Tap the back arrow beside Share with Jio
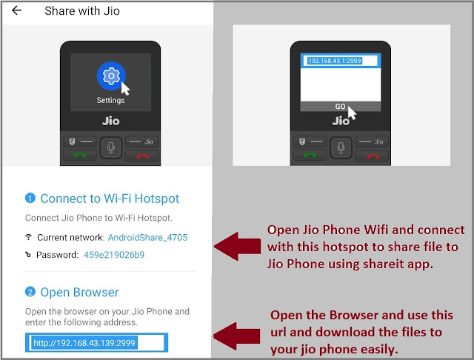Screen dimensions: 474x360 click(x=16, y=10)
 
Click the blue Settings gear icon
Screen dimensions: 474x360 click(x=111, y=76)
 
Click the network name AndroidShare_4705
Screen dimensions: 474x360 click(x=147, y=238)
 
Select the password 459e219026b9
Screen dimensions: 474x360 click(x=114, y=255)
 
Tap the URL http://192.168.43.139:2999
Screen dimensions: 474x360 click(x=84, y=343)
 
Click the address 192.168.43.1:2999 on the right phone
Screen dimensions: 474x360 click(x=334, y=61)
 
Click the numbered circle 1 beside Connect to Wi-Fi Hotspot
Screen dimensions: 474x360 click(x=30, y=199)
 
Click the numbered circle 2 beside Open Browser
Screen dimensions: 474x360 click(x=30, y=292)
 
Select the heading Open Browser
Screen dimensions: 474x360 click(x=79, y=293)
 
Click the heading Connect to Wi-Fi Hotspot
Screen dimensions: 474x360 click(x=110, y=199)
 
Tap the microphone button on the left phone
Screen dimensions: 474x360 click(x=111, y=147)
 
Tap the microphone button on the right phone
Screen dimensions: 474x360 click(x=341, y=147)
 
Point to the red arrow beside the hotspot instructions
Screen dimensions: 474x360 click(x=237, y=247)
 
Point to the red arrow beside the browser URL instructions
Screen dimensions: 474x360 click(x=237, y=336)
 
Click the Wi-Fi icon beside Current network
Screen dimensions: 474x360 click(x=28, y=237)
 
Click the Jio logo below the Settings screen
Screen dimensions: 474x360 click(x=111, y=121)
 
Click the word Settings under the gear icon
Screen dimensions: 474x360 click(x=110, y=100)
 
